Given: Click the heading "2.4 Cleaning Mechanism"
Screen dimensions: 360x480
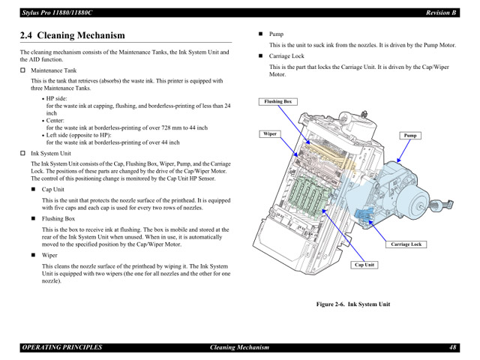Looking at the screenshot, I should [72, 35].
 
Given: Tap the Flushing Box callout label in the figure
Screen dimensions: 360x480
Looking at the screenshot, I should [278, 101].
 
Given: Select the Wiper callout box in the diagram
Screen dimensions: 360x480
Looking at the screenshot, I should [270, 134].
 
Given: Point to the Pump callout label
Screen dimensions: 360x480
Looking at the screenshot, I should [410, 136].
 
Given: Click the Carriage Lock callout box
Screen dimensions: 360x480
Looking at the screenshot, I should [406, 244].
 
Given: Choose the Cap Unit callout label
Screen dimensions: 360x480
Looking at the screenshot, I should [364, 265].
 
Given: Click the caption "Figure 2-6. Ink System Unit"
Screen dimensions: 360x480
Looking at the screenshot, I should [352, 304].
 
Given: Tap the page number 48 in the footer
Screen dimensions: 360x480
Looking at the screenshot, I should [453, 348].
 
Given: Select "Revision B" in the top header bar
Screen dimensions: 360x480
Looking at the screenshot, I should [442, 13].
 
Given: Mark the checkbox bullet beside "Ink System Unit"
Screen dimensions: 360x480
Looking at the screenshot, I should [22, 154].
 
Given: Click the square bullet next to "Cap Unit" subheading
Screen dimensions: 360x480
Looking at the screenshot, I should [34, 190].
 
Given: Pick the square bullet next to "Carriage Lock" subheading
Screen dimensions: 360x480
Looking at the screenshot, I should [262, 56].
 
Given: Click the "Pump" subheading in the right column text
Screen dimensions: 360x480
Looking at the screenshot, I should [276, 34].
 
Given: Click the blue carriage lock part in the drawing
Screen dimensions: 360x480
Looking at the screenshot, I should [367, 219].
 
